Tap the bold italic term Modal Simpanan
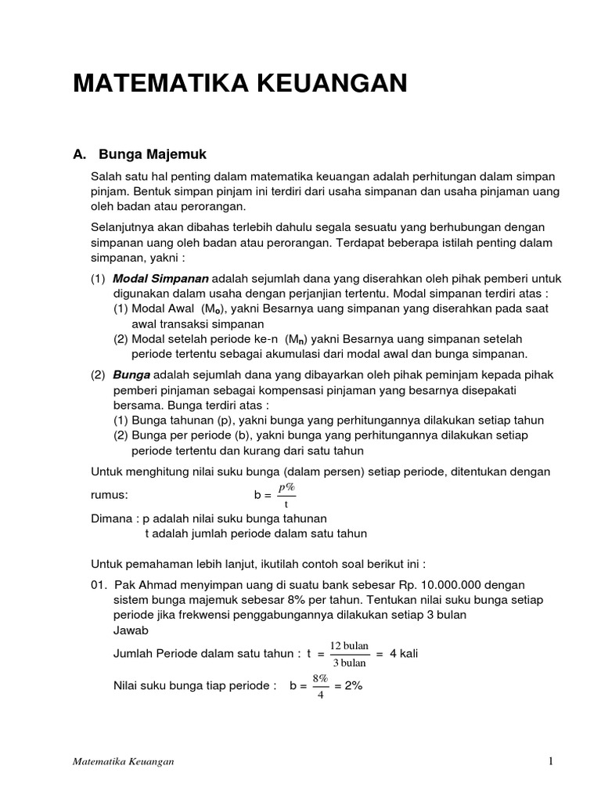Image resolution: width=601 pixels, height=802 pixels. pos(161,279)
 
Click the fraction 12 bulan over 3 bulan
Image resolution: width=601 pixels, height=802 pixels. pos(349,654)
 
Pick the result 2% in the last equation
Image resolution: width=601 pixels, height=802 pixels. pos(348,685)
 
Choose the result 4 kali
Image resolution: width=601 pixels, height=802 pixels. pos(404,654)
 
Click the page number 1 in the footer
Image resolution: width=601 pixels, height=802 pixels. pos(550,761)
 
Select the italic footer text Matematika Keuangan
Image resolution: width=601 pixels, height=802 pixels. pos(124,762)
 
